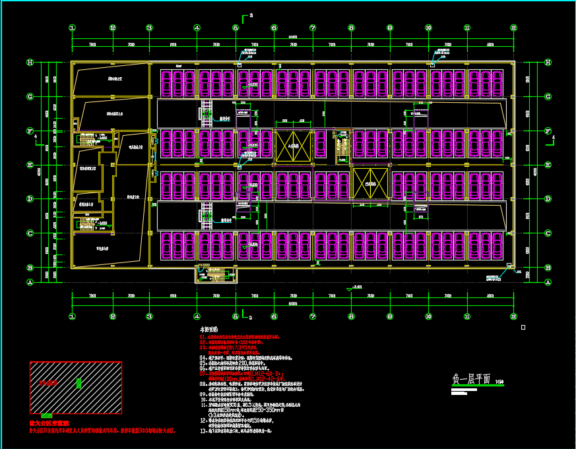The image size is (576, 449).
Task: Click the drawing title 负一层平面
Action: pyautogui.click(x=471, y=379)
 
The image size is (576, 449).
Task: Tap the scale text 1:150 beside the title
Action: pyautogui.click(x=499, y=381)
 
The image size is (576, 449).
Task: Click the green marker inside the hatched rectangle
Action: pyautogui.click(x=79, y=383)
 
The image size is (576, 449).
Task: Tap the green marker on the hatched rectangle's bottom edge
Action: pyautogui.click(x=47, y=416)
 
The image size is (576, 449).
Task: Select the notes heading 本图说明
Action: pyautogui.click(x=209, y=328)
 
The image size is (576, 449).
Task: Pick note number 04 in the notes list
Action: pyautogui.click(x=204, y=357)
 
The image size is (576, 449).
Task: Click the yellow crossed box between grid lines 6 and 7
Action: pyautogui.click(x=292, y=146)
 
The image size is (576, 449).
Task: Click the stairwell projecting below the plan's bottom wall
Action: pyautogui.click(x=214, y=273)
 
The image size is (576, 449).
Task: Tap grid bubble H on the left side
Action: pyautogui.click(x=30, y=63)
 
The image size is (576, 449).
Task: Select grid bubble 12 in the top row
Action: pyautogui.click(x=513, y=28)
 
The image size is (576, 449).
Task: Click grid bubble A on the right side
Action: pyautogui.click(x=548, y=282)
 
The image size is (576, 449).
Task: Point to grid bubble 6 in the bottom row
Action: pyautogui.click(x=274, y=316)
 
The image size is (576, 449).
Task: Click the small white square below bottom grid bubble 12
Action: pyautogui.click(x=523, y=327)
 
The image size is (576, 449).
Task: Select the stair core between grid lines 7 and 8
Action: pyautogui.click(x=341, y=149)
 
